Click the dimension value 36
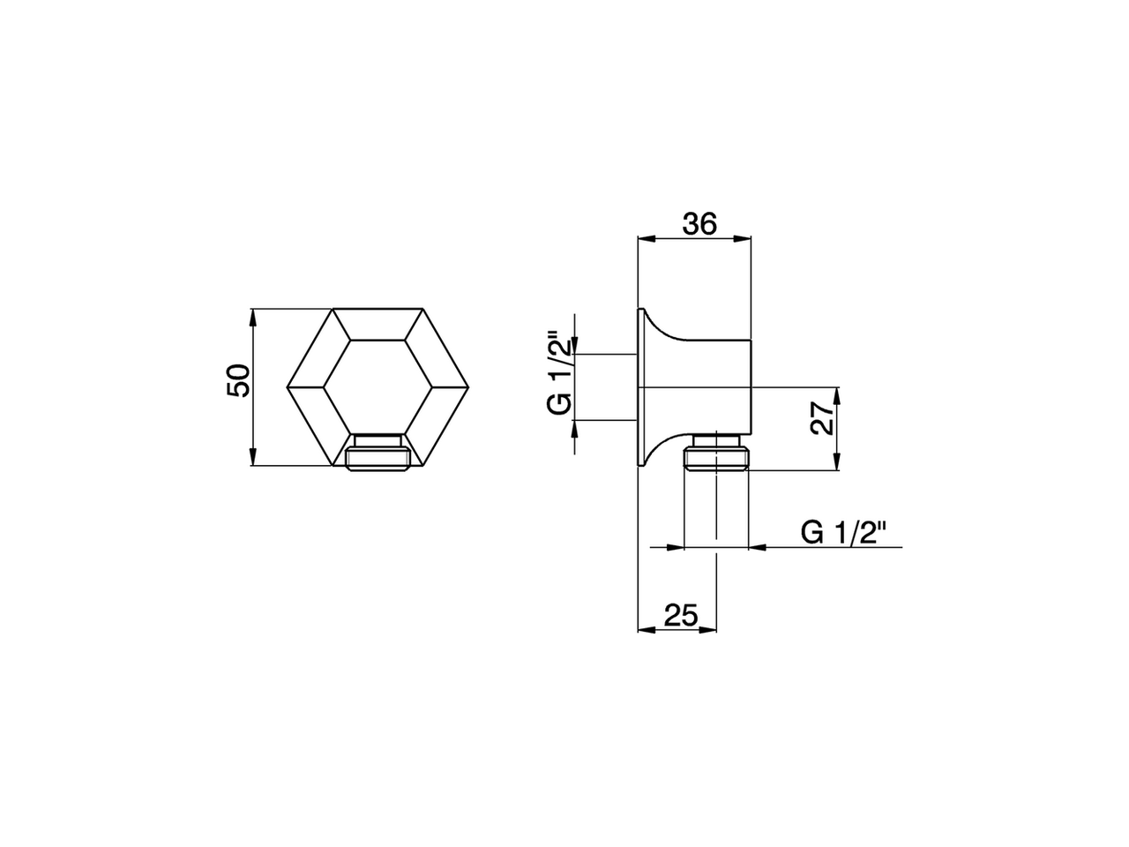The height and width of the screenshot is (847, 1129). (x=699, y=224)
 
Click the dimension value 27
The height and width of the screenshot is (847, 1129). (x=822, y=419)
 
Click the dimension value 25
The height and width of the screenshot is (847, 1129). (x=680, y=615)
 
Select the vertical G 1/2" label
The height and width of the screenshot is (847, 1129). (x=557, y=374)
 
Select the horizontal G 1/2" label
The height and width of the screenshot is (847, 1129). (x=842, y=533)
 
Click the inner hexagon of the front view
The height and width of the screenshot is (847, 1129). (x=377, y=386)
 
